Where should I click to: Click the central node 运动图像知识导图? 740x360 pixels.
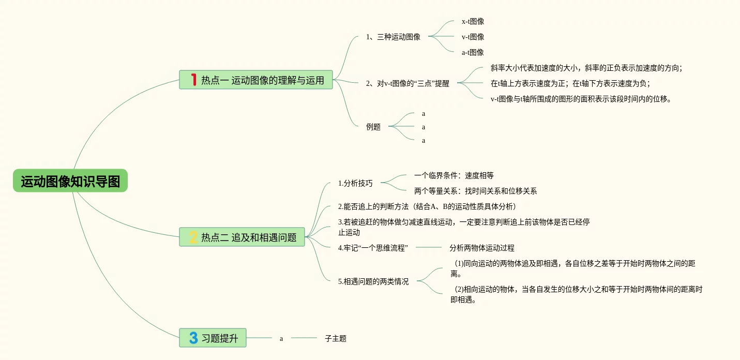(70, 182)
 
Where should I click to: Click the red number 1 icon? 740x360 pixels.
(193, 80)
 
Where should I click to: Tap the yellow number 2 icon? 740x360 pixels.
(193, 237)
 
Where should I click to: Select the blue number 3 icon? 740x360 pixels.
(193, 338)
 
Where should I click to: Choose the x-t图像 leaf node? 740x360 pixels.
(473, 22)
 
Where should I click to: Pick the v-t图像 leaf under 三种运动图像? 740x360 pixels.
(473, 37)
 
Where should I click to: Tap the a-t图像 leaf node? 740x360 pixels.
(473, 52)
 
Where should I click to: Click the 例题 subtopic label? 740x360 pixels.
(373, 127)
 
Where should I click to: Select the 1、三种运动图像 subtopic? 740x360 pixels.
(393, 37)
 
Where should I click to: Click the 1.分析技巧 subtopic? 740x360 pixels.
(355, 183)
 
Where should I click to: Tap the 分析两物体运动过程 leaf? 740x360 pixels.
(482, 248)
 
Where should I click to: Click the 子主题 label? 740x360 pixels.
(336, 339)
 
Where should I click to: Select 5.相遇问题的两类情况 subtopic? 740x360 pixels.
(373, 282)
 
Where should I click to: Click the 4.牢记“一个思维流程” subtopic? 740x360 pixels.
(373, 248)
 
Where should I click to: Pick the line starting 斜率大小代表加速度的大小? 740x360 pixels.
(586, 68)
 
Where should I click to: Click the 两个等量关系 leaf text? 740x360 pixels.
(475, 191)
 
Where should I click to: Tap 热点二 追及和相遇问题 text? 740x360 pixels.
(249, 238)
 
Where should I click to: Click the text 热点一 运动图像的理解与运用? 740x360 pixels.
(263, 80)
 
